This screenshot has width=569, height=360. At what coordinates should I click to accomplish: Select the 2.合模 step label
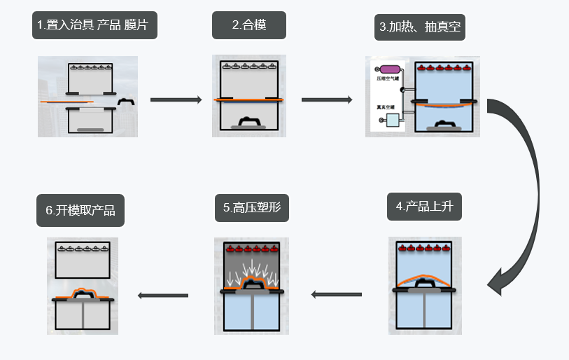click(x=249, y=26)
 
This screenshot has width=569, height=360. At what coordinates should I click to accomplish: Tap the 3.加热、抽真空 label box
click(x=421, y=27)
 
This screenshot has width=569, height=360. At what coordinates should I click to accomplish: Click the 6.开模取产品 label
click(x=80, y=210)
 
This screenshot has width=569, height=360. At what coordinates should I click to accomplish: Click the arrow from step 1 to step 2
click(x=176, y=100)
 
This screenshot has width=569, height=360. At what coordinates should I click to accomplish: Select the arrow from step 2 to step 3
click(x=327, y=100)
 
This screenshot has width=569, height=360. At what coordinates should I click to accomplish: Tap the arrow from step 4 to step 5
click(x=337, y=295)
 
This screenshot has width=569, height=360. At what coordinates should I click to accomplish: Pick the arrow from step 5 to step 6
click(x=163, y=296)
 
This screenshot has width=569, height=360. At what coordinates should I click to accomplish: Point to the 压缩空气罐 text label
click(x=387, y=80)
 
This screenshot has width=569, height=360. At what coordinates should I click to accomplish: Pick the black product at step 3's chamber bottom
click(x=446, y=124)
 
